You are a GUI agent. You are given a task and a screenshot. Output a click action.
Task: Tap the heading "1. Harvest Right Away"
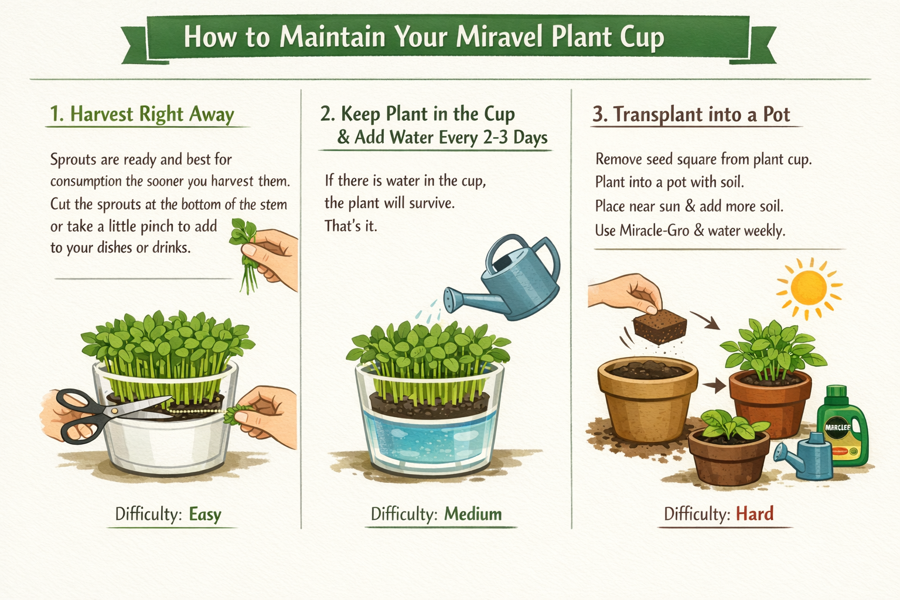point(142,114)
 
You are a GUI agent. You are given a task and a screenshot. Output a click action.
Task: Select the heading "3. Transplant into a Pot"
point(691,114)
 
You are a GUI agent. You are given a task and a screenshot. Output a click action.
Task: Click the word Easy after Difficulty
point(205,514)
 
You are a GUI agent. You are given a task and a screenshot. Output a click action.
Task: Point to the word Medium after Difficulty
point(473,514)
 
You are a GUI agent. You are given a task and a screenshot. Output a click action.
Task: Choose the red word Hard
point(755,514)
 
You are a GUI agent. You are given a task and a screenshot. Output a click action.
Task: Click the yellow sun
point(809,288)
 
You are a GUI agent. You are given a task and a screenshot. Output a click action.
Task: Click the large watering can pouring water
point(506,277)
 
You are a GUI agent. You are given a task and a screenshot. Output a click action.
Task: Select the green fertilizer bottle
point(843,426)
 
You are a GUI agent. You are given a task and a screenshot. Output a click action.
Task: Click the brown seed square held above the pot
point(660,326)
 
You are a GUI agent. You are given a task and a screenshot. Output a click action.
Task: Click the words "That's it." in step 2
point(351,226)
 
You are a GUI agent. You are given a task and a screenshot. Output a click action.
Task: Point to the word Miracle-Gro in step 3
point(654,231)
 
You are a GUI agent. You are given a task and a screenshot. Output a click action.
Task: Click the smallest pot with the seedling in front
point(729,456)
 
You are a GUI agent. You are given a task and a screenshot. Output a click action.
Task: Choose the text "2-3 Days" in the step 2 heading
point(515,138)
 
